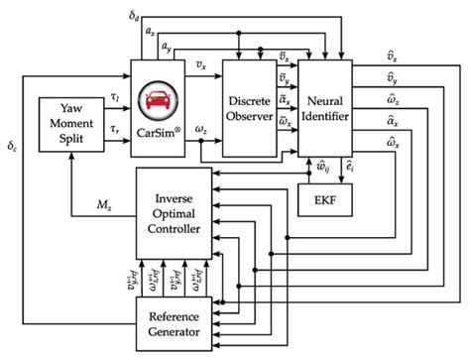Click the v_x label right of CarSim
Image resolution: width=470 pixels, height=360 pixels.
202,66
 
